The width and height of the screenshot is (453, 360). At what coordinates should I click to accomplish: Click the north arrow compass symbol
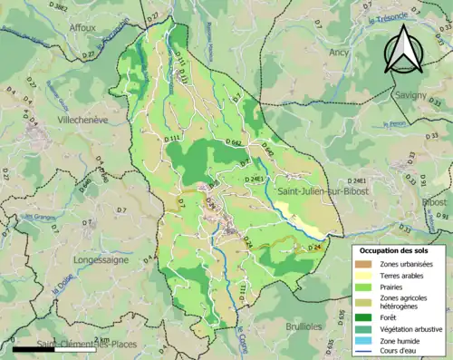pos(403,50)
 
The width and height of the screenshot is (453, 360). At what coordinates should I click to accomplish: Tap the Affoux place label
pos(83,28)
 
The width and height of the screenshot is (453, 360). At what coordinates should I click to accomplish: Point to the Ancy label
pos(339,53)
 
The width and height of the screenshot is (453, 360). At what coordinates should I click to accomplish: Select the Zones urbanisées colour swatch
pos(367,263)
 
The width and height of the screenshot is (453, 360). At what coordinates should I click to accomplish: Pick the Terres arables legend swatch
pos(367,275)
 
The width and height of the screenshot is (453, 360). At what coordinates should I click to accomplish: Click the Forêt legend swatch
pos(367,316)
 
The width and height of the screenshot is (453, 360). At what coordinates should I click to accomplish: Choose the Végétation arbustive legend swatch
pos(367,328)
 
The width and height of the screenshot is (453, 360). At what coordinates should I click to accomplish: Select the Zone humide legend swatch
pos(367,340)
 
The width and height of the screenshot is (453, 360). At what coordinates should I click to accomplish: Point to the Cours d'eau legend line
pos(367,352)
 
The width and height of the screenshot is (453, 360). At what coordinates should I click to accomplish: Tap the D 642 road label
pos(233,142)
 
